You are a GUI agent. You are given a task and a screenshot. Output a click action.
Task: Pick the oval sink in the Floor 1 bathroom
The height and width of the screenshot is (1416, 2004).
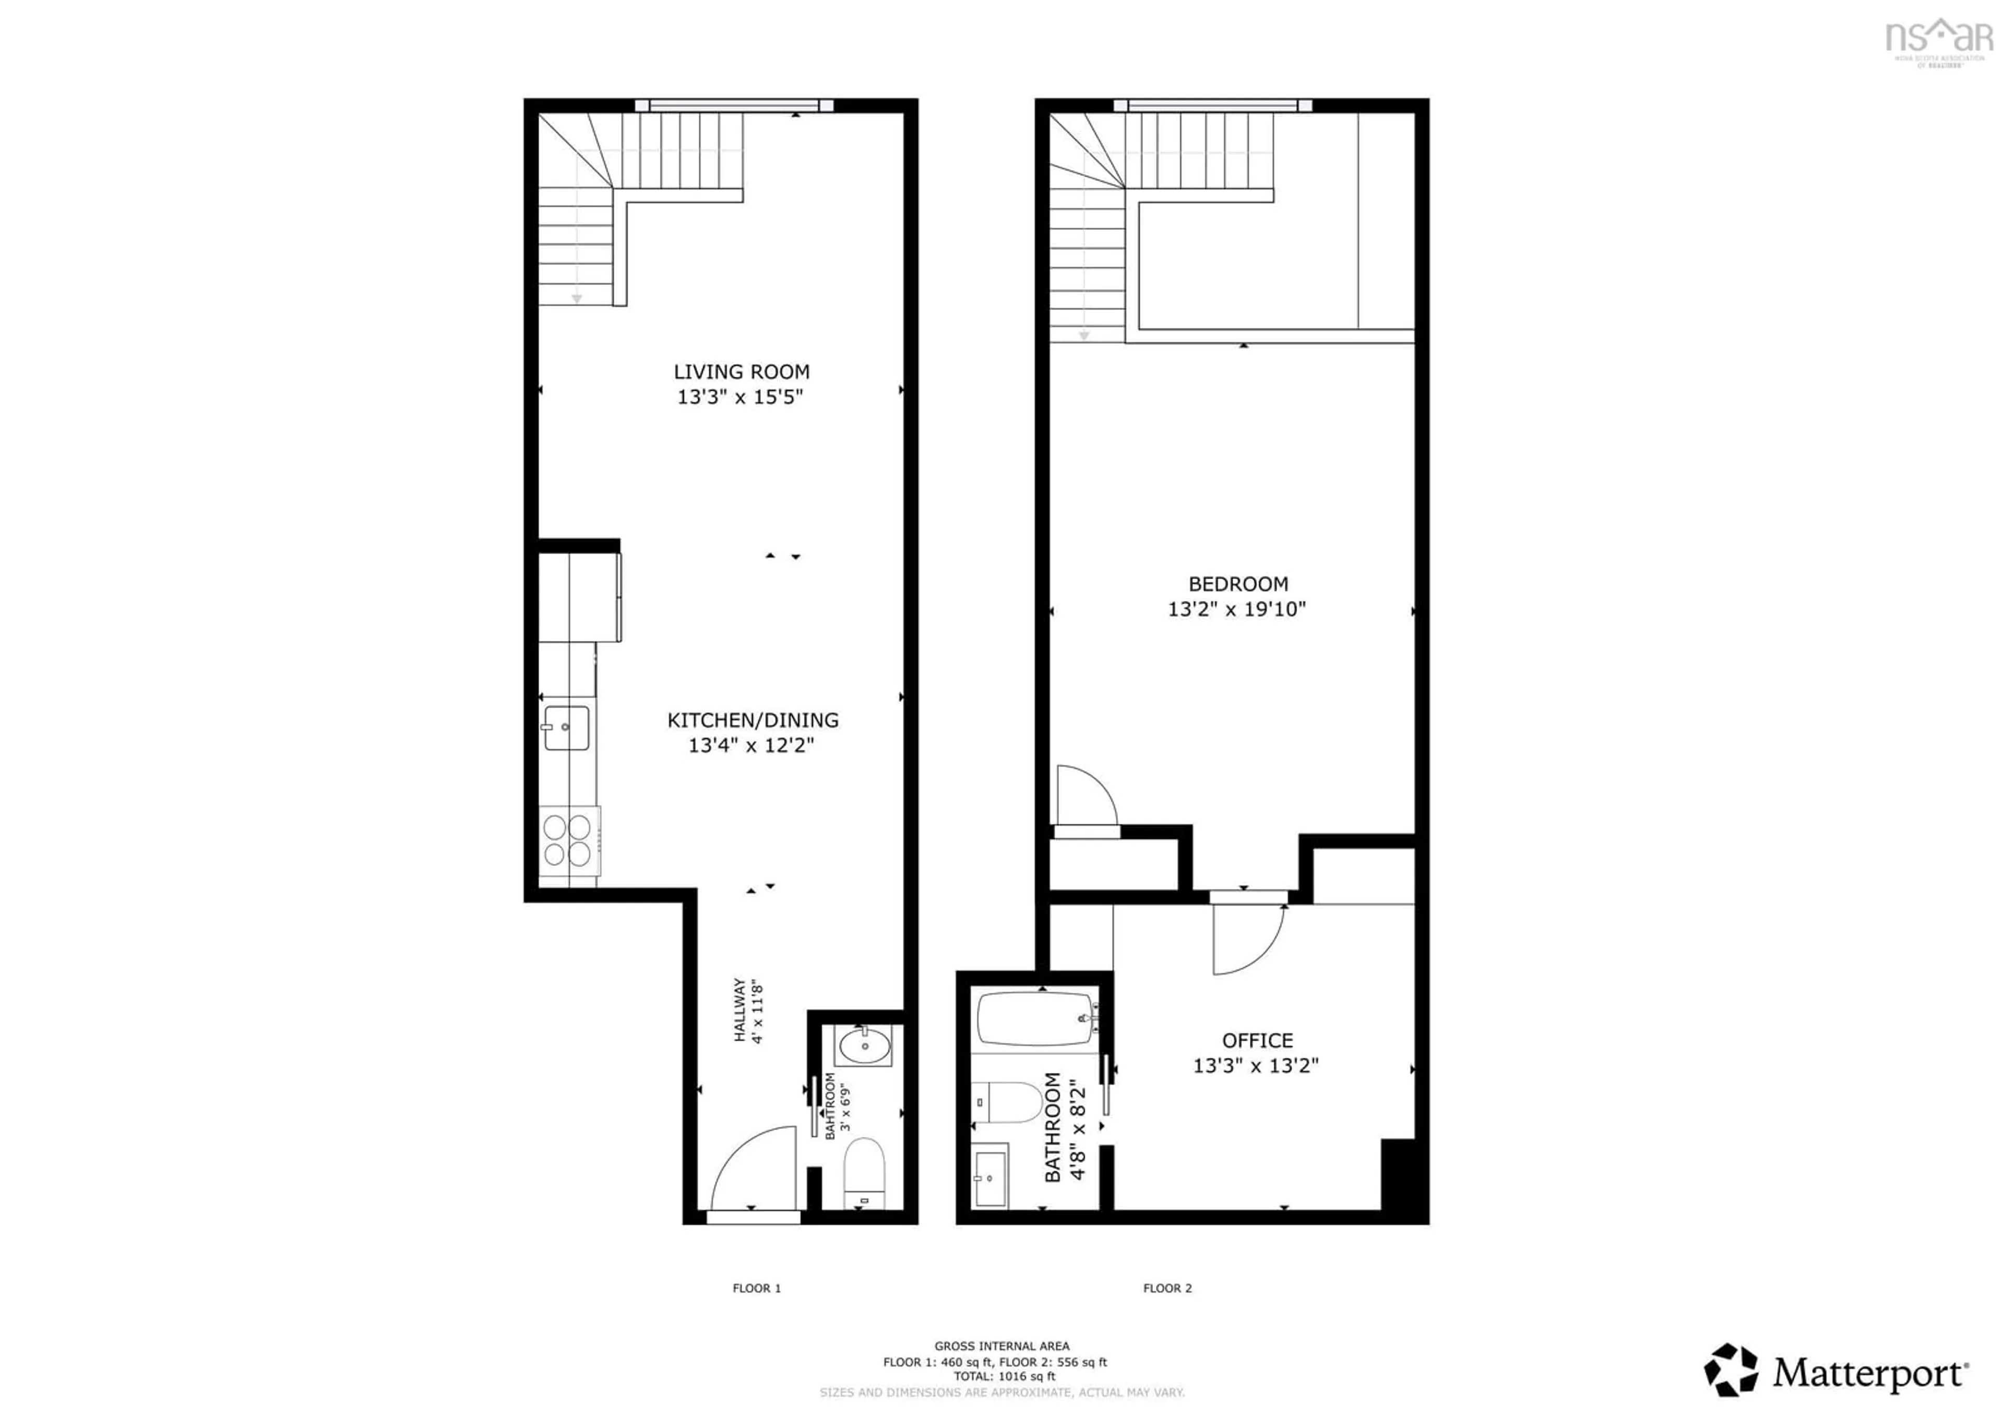coord(865,1045)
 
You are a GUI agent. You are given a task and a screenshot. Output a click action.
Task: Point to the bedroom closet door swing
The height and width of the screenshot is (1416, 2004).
coord(1085,796)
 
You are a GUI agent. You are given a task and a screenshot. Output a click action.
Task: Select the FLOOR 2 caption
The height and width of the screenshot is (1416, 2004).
coord(1167,1288)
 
